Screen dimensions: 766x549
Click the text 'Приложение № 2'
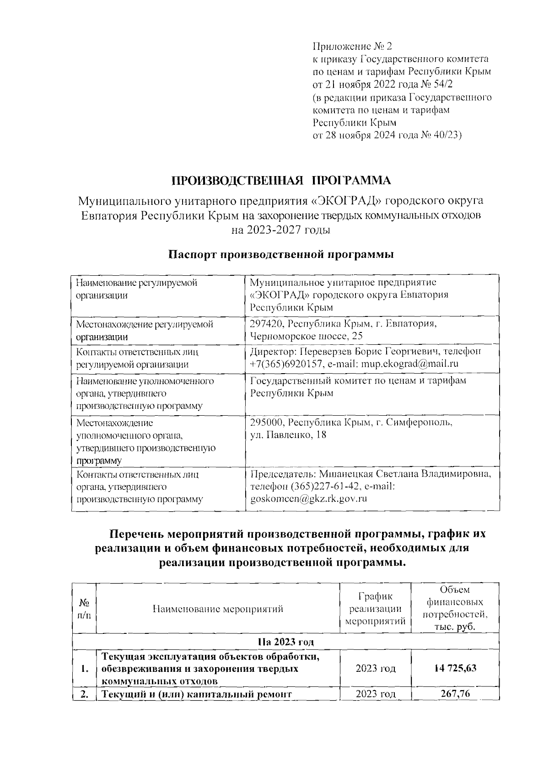tap(352, 46)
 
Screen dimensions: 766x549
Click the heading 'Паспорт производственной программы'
tap(281, 255)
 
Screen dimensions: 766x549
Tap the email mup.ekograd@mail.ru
tap(409, 364)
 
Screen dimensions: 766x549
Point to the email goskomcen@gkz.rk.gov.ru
tap(309, 498)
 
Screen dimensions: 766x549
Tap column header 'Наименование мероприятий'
tap(218, 609)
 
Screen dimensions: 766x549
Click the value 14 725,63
tap(455, 668)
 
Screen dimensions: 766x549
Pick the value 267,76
tap(455, 694)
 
